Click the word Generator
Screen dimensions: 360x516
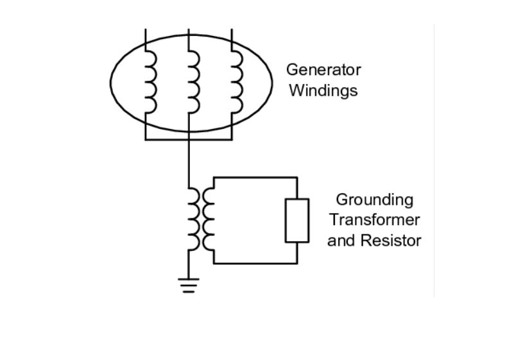pyautogui.click(x=323, y=69)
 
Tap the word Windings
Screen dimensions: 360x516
pyautogui.click(x=323, y=90)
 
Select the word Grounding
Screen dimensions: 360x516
pyautogui.click(x=375, y=200)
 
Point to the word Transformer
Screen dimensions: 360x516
pyautogui.click(x=375, y=220)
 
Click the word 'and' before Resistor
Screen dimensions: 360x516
pyautogui.click(x=340, y=241)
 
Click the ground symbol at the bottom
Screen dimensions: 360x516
pyautogui.click(x=188, y=285)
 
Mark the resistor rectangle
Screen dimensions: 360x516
pyautogui.click(x=297, y=220)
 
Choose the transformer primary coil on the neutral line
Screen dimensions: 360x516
pyautogui.click(x=193, y=219)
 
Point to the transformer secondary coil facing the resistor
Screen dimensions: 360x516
pyautogui.click(x=209, y=219)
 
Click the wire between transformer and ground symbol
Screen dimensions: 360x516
pyautogui.click(x=188, y=264)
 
